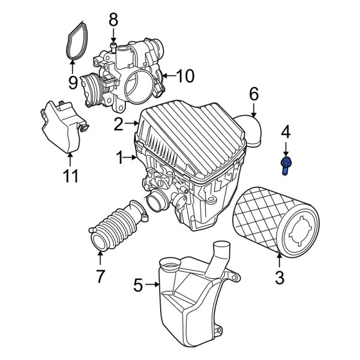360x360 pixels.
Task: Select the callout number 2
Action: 118,124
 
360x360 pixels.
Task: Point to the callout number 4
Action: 286,130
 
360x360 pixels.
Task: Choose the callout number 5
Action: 139,286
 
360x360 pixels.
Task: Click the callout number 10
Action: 186,76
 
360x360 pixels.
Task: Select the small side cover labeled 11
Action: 63,126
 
